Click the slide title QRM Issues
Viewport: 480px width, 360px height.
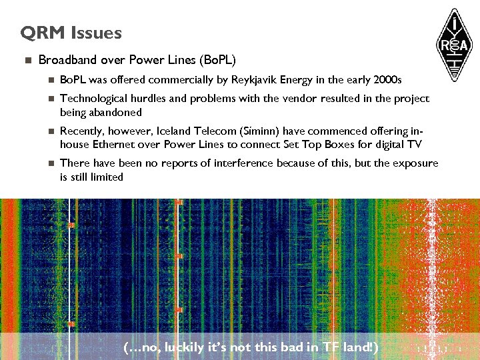(71, 33)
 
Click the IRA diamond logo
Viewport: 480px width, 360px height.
(455, 43)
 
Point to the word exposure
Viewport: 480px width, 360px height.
(416, 163)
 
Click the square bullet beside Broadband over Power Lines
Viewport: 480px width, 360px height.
(27, 61)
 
